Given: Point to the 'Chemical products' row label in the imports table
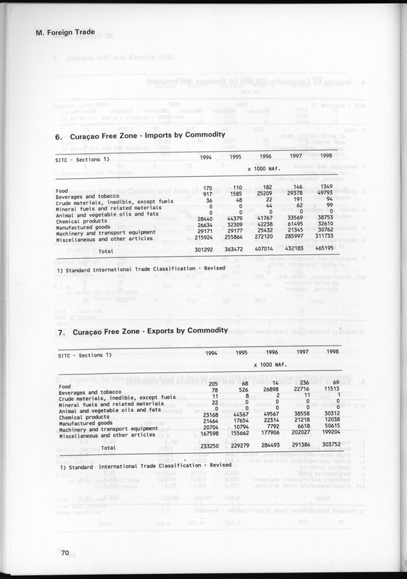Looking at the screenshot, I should [x=81, y=221].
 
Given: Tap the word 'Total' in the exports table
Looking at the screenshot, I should [x=108, y=447].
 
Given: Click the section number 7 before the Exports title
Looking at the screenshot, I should [x=59, y=332].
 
